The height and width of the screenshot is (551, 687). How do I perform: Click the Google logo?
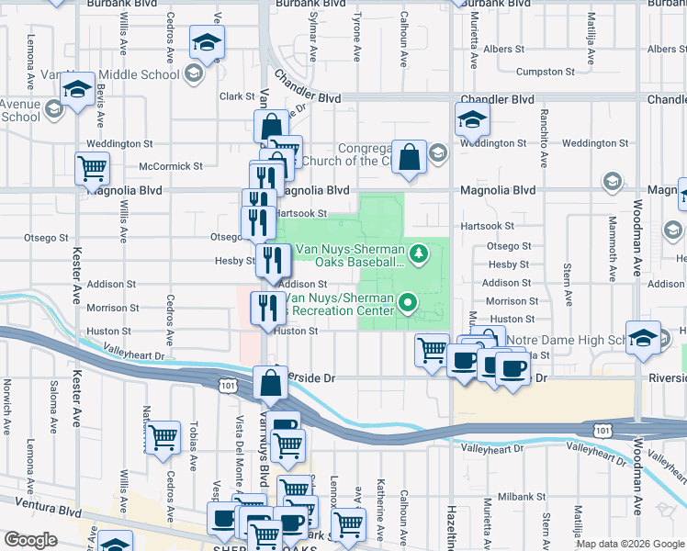[30, 540]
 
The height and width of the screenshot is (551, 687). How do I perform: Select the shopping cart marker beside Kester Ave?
[93, 169]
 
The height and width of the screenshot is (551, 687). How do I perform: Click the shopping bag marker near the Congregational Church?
[410, 155]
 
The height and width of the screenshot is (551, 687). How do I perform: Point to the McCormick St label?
[170, 166]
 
